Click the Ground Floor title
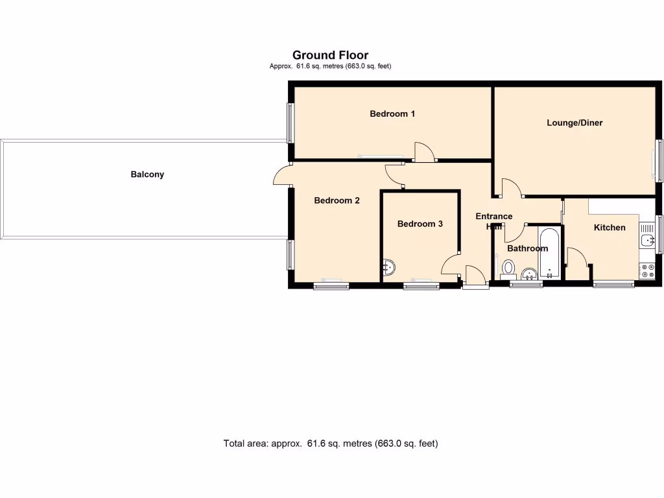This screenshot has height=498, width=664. point(330,55)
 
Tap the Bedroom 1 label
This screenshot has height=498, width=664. point(392,114)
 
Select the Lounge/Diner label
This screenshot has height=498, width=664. point(575,123)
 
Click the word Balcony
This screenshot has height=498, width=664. point(147,174)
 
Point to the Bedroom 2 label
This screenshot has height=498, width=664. point(337,200)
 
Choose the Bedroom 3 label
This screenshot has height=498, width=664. point(420,224)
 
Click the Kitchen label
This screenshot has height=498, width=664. point(610,228)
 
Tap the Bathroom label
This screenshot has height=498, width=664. point(527,248)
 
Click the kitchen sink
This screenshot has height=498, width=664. point(646,241)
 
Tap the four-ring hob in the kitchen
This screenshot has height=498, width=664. point(646,270)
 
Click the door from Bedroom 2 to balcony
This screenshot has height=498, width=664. point(282,176)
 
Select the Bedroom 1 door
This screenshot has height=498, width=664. point(424,152)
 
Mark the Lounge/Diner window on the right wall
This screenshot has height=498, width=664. point(659,160)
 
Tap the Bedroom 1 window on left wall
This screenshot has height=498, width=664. point(291,123)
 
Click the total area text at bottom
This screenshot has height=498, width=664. point(331,444)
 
